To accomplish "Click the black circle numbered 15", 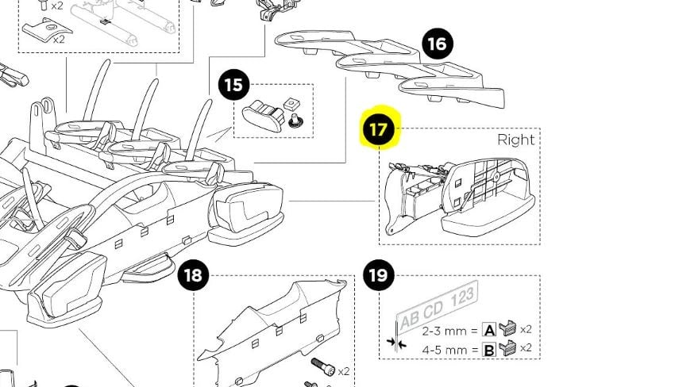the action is point(233,85).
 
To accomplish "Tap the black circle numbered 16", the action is point(438,44).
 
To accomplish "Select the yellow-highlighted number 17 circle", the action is point(379,129).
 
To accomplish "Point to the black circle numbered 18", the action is point(193,274).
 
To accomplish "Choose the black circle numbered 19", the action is point(379,274).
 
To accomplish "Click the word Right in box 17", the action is point(515,140).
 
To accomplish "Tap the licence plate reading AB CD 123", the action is point(437,306).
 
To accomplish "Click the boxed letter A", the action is point(489,330).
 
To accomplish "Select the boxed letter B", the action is point(489,350).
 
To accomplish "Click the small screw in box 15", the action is point(295,121).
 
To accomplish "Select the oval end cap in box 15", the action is point(264,115).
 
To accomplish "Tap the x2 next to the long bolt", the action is point(344,371).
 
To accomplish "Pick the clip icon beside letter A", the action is point(507,328).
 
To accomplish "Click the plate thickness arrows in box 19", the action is point(396,343).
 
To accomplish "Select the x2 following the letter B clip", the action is point(526,347).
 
